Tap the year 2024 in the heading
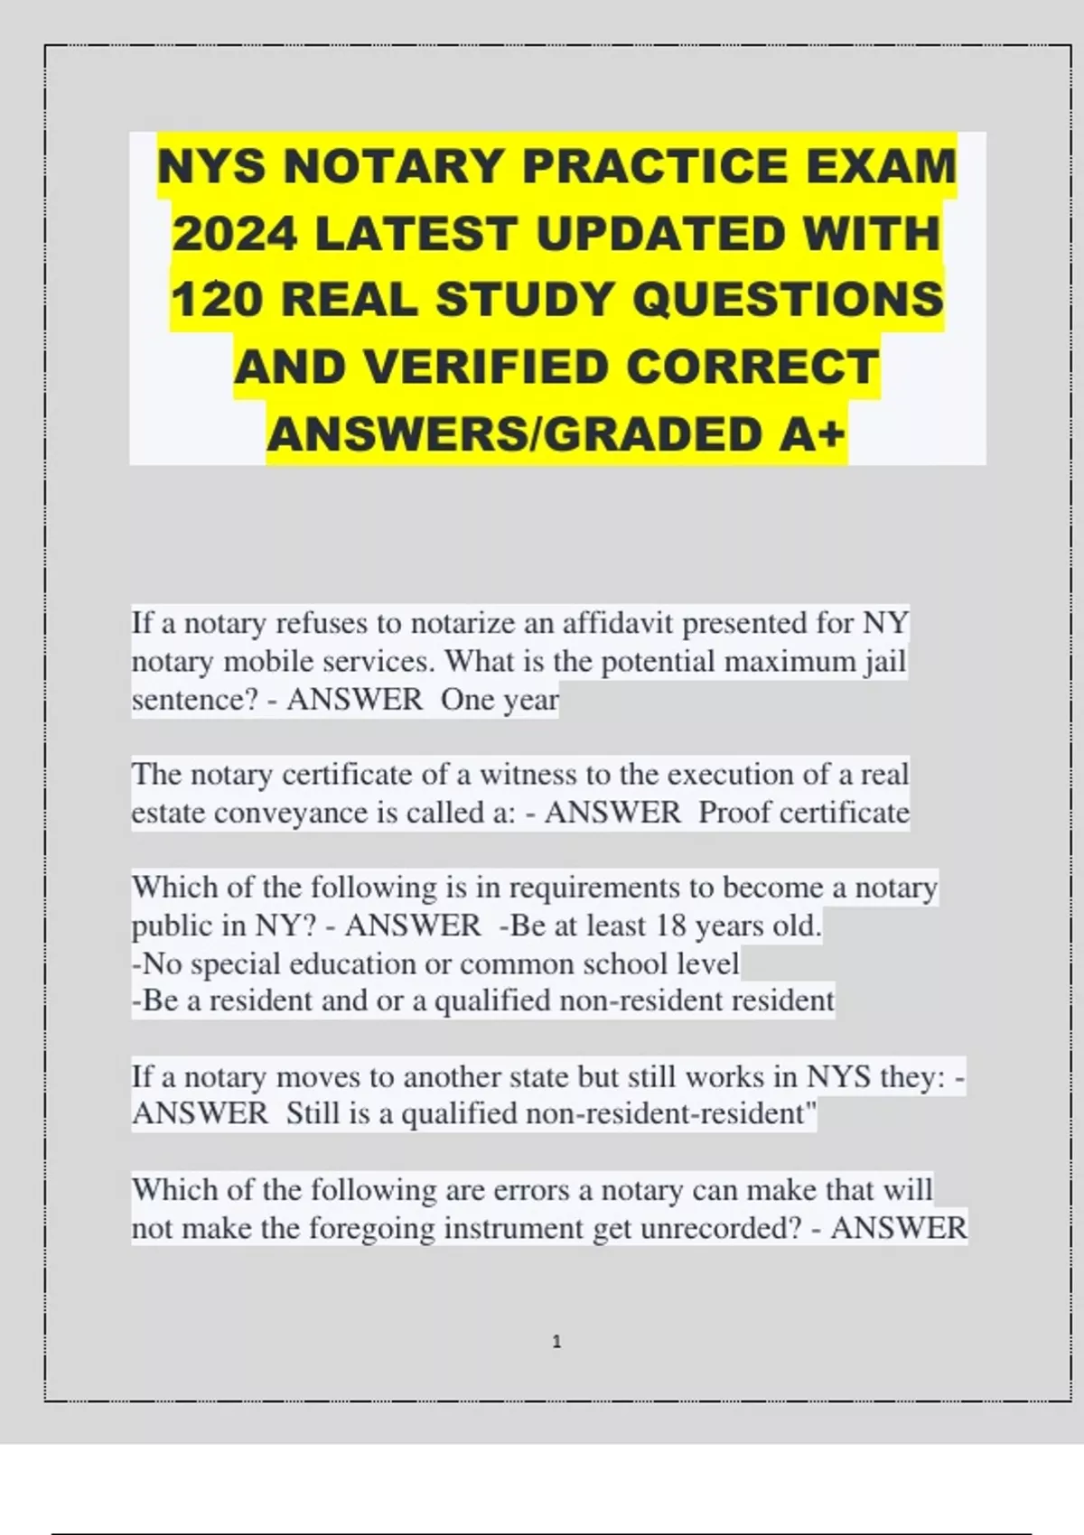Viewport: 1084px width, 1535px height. tap(235, 234)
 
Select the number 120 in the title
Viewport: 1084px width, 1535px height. tap(217, 300)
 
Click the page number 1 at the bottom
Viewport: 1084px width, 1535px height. tap(556, 1342)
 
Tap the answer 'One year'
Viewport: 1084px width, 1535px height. tap(500, 699)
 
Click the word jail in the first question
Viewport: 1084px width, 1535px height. tap(884, 661)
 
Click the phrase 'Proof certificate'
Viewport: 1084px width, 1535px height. tap(803, 813)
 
